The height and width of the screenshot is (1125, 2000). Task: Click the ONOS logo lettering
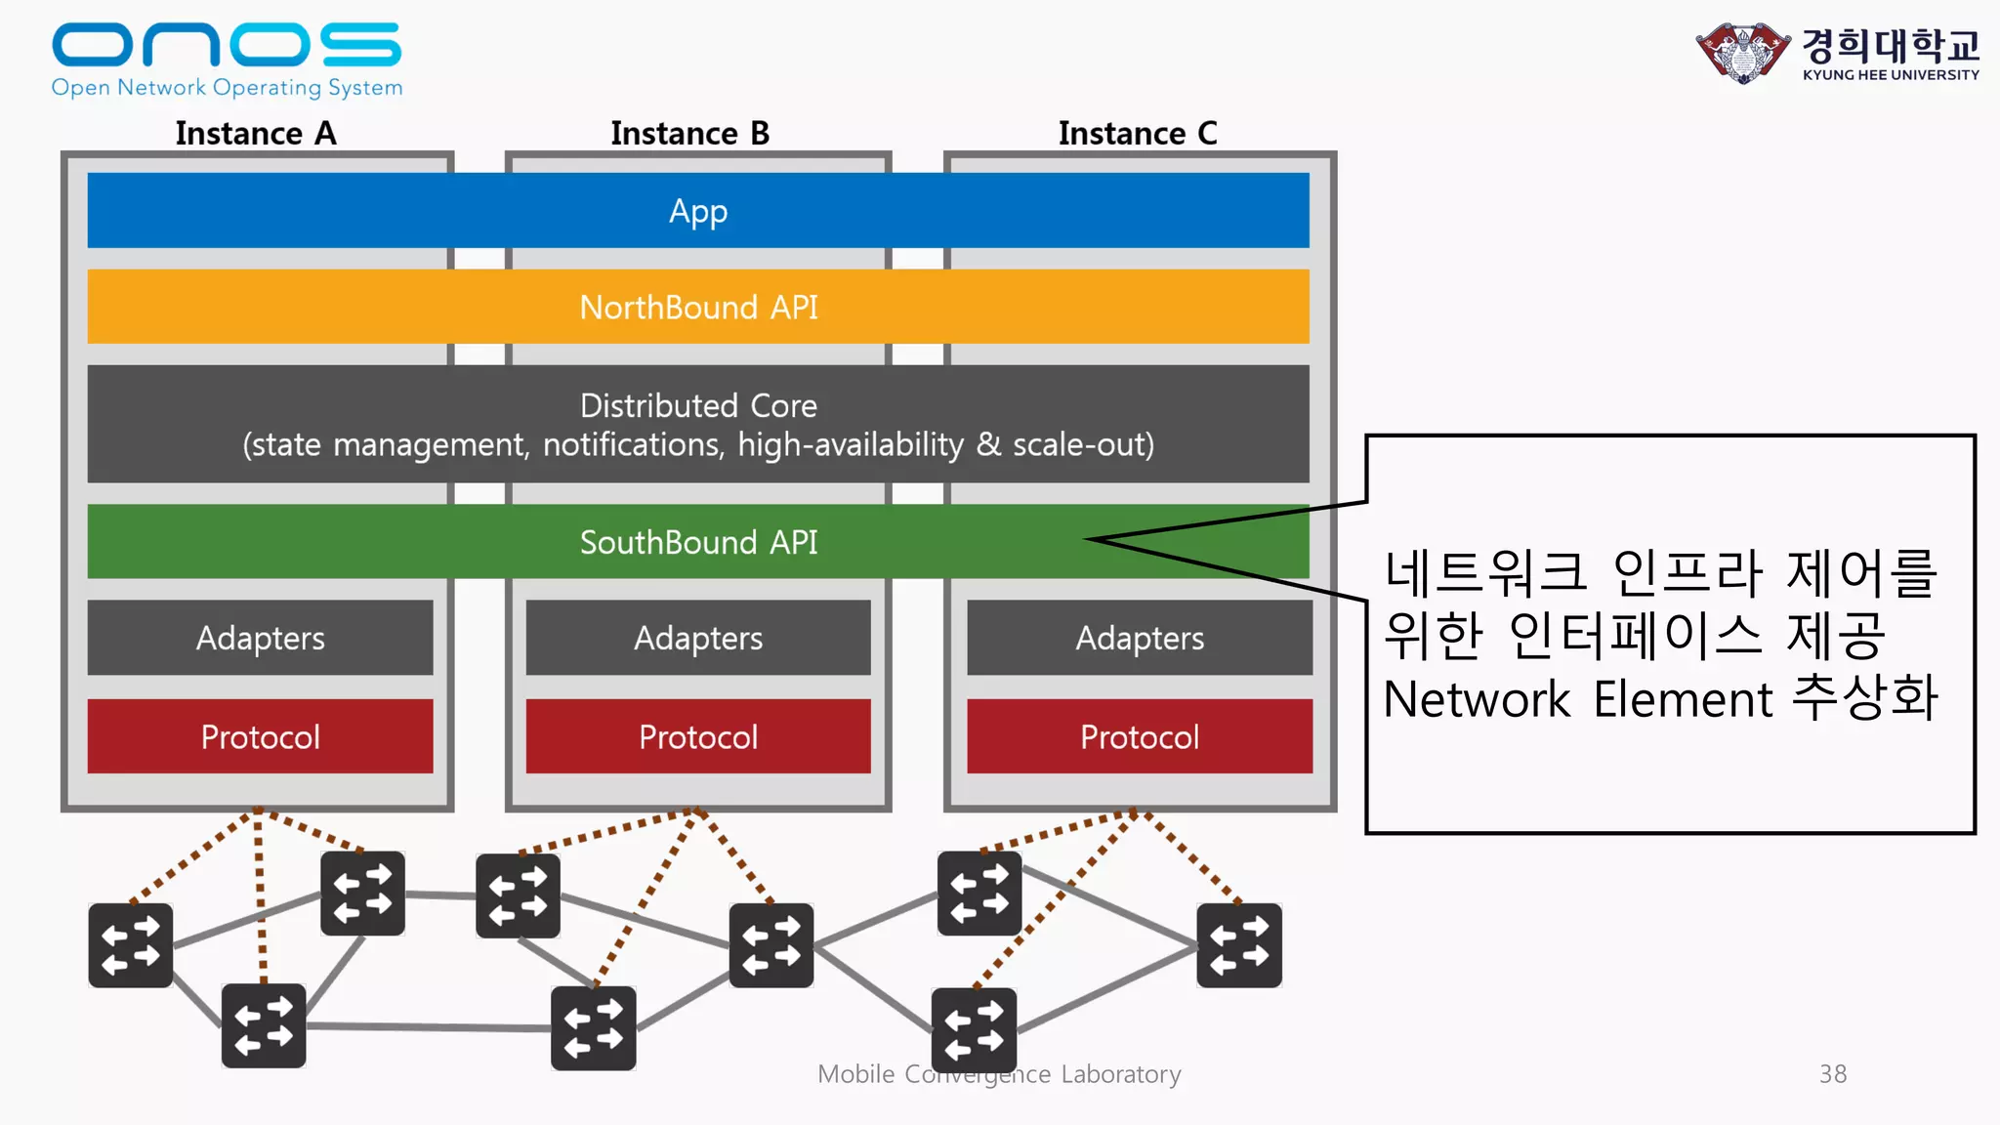pyautogui.click(x=226, y=45)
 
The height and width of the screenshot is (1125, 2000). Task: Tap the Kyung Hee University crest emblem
pyautogui.click(x=1743, y=53)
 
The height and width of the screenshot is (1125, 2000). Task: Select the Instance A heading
pyautogui.click(x=256, y=133)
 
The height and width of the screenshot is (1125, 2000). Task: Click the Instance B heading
pyautogui.click(x=689, y=133)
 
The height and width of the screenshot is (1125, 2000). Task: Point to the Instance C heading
pyautogui.click(x=1138, y=133)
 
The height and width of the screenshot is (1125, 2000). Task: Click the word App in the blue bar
pyautogui.click(x=698, y=211)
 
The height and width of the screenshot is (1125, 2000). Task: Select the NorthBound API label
pyautogui.click(x=698, y=308)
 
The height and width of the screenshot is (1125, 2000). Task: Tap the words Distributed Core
pyautogui.click(x=698, y=405)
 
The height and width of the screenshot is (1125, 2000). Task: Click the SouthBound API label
pyautogui.click(x=698, y=542)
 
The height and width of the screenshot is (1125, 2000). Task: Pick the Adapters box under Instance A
pyautogui.click(x=260, y=638)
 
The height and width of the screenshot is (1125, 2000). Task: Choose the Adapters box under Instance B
pyautogui.click(x=698, y=638)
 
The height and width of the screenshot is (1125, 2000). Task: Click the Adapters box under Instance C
pyautogui.click(x=1140, y=638)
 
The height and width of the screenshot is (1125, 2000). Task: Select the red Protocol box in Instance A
pyautogui.click(x=260, y=736)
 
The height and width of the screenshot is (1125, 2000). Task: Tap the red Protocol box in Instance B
pyautogui.click(x=698, y=736)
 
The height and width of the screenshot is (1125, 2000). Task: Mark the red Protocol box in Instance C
pyautogui.click(x=1140, y=736)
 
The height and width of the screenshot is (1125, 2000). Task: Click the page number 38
pyautogui.click(x=1832, y=1074)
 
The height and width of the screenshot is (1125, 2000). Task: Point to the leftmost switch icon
pyautogui.click(x=131, y=945)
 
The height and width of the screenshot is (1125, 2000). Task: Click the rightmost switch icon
pyautogui.click(x=1239, y=945)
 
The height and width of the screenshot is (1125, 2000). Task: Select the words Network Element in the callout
pyautogui.click(x=1577, y=699)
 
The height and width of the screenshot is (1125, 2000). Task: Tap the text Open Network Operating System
pyautogui.click(x=227, y=88)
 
